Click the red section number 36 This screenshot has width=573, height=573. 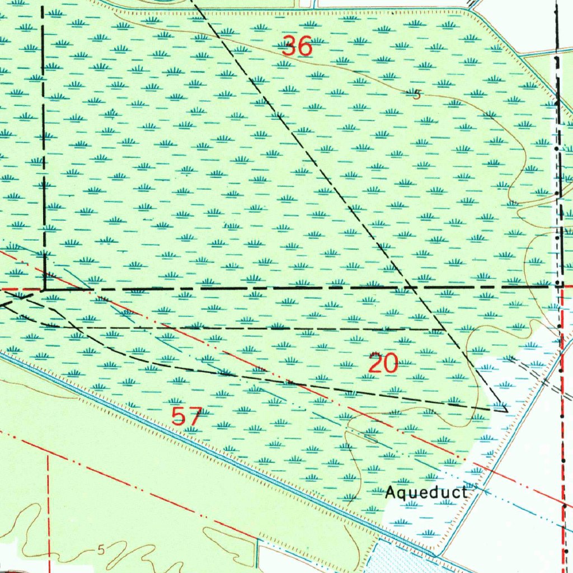click(297, 46)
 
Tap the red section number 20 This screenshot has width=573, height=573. click(384, 364)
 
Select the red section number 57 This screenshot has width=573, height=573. click(186, 416)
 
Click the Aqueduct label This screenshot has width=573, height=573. click(426, 492)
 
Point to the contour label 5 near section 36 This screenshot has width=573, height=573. click(416, 95)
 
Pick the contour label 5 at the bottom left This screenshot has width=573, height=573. click(101, 549)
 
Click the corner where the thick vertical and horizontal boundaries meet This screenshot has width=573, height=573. click(44, 289)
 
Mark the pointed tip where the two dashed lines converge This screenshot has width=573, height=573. click(506, 410)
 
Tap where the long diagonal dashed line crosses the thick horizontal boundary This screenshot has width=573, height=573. click(411, 288)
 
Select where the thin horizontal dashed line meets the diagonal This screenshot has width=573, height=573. click(438, 329)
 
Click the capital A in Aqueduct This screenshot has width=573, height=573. click(391, 492)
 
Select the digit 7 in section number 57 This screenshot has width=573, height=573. click(194, 416)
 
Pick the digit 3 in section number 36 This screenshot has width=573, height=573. click(290, 46)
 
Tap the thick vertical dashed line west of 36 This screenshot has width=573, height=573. click(43, 140)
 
